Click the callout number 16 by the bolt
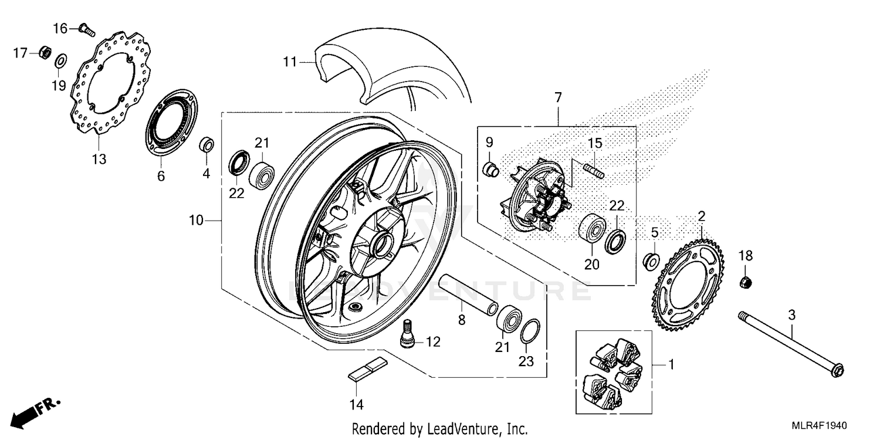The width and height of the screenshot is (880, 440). (x=61, y=28)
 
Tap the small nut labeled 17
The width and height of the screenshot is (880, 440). (x=43, y=53)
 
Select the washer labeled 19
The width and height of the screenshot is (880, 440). (x=60, y=60)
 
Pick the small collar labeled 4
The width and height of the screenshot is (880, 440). (x=206, y=144)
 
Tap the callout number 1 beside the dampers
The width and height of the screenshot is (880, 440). (x=671, y=365)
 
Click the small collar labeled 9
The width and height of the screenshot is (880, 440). (x=490, y=170)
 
